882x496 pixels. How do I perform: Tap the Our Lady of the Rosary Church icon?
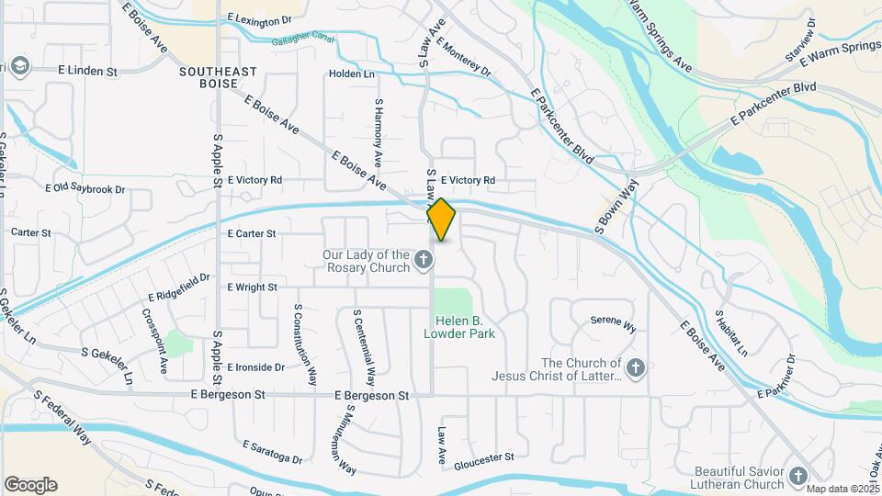[x=424, y=262]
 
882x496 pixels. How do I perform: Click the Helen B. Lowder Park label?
[x=459, y=327]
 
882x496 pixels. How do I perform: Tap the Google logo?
[x=30, y=485]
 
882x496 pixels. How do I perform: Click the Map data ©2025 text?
[x=842, y=489]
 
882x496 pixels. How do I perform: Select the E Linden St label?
[x=87, y=71]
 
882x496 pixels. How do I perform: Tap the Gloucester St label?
[x=483, y=457]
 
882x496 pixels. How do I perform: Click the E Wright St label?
[x=252, y=287]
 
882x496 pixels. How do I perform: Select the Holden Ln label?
[x=352, y=74]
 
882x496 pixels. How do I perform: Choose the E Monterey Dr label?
[x=464, y=57]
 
